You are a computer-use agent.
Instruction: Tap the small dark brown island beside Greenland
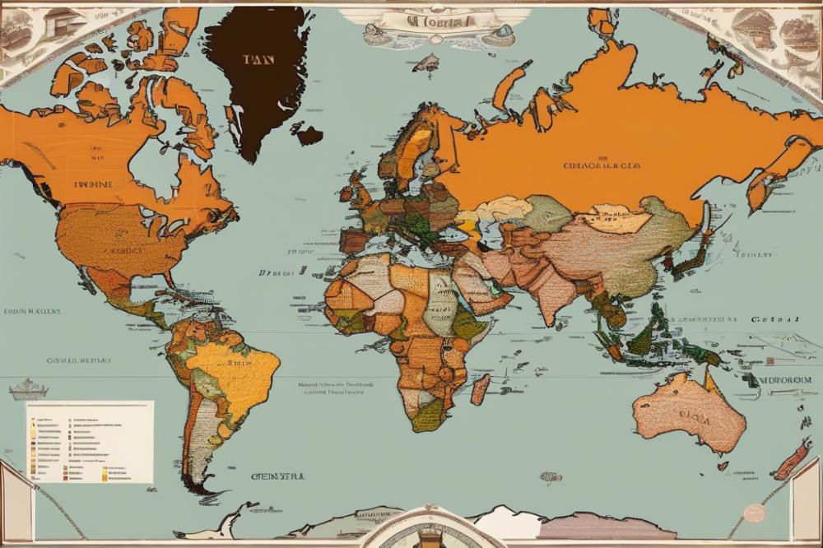[309, 135]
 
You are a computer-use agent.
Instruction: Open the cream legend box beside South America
[90, 442]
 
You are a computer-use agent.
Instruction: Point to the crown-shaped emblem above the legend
[28, 388]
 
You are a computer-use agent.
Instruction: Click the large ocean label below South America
[277, 476]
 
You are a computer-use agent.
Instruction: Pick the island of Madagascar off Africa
[480, 388]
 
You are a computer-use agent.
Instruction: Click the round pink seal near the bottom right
[754, 512]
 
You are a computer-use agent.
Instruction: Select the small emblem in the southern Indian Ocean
[551, 476]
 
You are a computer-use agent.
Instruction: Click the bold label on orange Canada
[95, 185]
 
